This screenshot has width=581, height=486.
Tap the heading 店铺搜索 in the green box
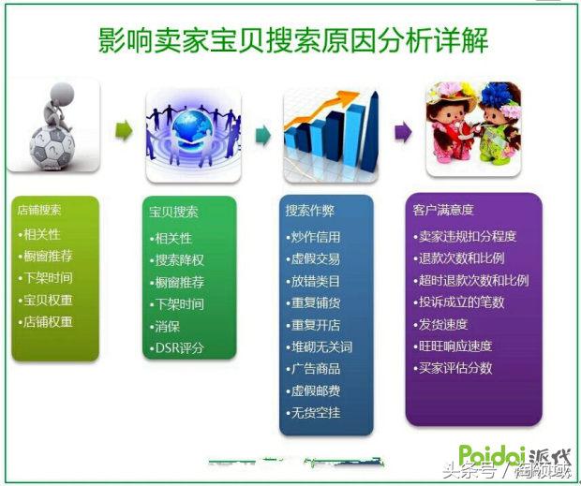40,211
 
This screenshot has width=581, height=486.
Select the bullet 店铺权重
49,322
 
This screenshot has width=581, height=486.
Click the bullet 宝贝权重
49,301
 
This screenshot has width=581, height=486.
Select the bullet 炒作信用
317,237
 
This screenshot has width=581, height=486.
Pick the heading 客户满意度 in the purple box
442,212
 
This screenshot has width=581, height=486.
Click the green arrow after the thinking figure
123,132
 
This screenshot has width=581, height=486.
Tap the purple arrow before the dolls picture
402,132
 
